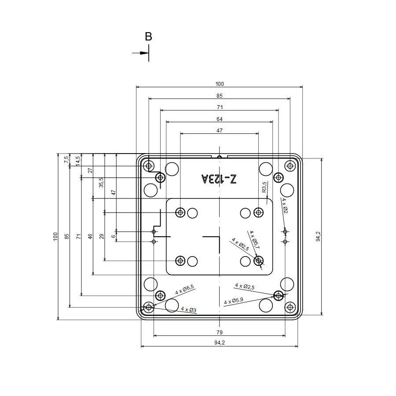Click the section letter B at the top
[148, 37]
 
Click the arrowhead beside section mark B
[144, 53]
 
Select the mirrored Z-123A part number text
[219, 179]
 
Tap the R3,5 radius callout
[264, 187]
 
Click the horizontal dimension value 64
[220, 119]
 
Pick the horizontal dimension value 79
[220, 333]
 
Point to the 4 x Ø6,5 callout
[185, 290]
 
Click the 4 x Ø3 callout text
[189, 310]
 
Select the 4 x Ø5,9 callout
[234, 301]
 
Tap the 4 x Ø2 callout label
[285, 205]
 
